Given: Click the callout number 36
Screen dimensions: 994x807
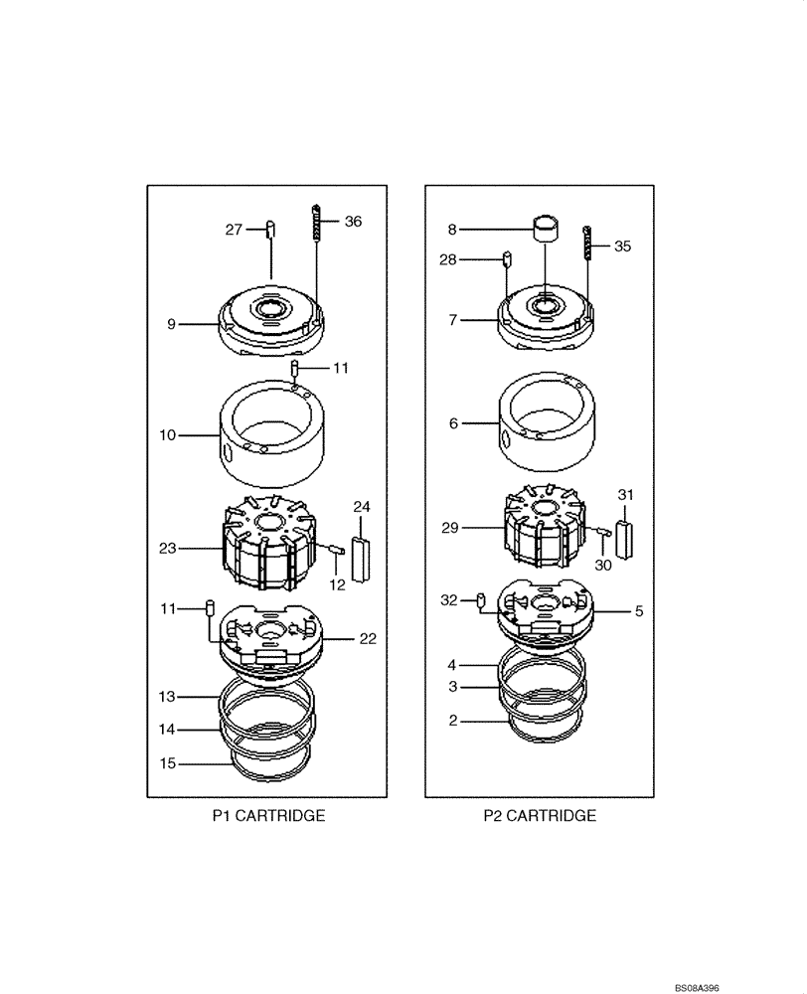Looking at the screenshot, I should tap(354, 223).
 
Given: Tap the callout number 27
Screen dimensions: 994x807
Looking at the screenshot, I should tap(234, 230).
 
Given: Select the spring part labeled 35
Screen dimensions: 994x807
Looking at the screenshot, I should tap(587, 242).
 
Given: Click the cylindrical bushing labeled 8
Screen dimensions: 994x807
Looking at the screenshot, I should tap(545, 229).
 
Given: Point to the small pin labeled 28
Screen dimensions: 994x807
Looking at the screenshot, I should tap(506, 260).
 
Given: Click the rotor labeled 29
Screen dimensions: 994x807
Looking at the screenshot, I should tap(543, 529).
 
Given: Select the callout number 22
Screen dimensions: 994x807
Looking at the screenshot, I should tap(368, 639).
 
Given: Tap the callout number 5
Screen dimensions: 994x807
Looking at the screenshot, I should tap(639, 611).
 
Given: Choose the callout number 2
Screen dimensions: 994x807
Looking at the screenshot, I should tap(453, 721).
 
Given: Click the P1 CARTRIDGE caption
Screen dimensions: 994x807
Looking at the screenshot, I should tap(268, 816).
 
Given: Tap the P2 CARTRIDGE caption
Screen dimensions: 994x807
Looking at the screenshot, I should tap(540, 816).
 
